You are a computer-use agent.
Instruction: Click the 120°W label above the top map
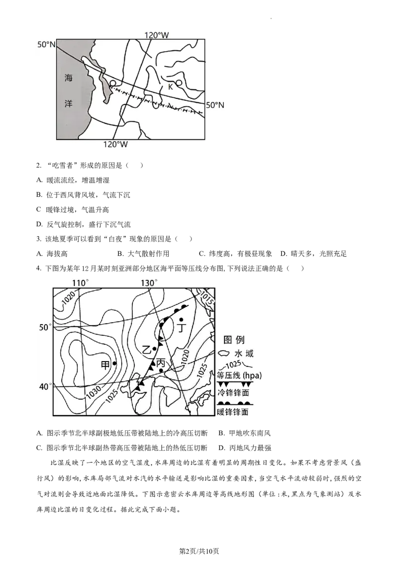pos(157,35)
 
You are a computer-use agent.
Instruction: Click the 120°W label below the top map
pos(115,144)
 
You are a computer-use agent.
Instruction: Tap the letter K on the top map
pos(170,87)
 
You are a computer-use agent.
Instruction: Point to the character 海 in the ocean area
pos(69,77)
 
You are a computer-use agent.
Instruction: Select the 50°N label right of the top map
pos(215,105)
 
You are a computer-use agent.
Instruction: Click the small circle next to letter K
pos(179,83)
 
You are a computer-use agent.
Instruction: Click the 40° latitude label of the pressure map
pos(45,387)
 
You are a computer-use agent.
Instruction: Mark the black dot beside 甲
pos(114,364)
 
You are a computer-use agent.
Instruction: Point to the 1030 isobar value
pos(93,390)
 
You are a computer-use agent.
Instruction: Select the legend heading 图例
pos(234,340)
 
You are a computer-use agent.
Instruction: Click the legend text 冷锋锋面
pos(233,393)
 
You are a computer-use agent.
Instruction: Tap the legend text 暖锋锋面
pos(233,412)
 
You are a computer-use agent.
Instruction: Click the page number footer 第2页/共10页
pos(199,551)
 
